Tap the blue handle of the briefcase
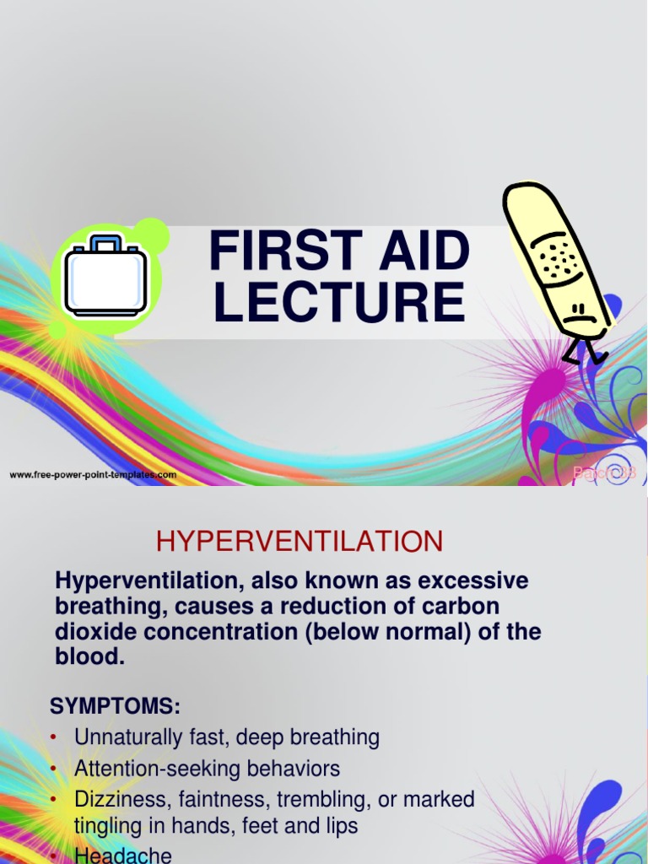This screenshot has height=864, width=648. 105,244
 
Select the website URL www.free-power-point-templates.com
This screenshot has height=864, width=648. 93,475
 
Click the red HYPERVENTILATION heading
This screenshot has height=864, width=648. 300,541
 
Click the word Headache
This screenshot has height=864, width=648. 123,856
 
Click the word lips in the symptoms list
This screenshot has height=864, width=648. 340,826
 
